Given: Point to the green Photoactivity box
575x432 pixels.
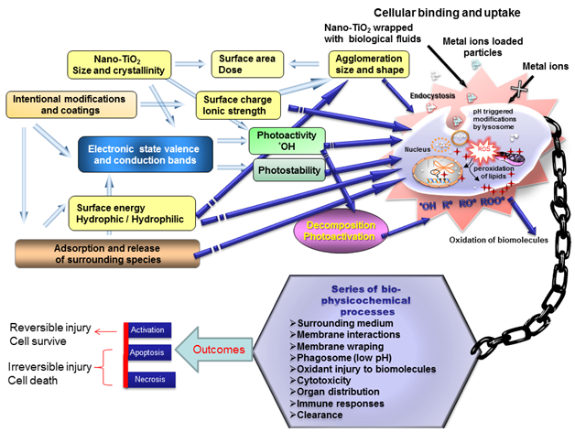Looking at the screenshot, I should pos(286,141).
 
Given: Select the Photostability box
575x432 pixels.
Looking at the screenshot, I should pos(285,169).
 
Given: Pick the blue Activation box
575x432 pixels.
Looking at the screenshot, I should pos(148,329).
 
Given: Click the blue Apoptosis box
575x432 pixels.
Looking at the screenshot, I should pos(148,351).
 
